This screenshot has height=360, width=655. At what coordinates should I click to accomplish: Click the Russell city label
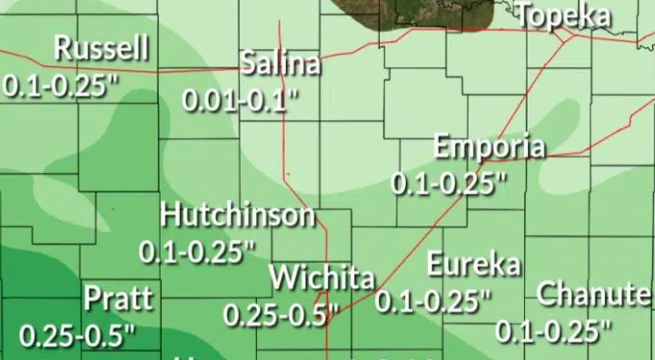coord(102,49)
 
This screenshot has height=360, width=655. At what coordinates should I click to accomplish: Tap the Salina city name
coord(281,65)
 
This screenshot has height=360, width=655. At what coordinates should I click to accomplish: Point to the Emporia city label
coord(490,146)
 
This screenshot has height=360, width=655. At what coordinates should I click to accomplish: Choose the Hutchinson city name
coord(238,216)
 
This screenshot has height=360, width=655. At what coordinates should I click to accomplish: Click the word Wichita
coord(322,275)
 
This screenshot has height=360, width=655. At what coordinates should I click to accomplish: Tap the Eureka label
coord(474,265)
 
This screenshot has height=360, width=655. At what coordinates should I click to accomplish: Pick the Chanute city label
coord(594,295)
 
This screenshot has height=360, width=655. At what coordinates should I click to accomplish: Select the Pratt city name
coord(118,298)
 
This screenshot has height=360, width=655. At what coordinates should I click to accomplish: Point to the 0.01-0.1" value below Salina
coord(241,99)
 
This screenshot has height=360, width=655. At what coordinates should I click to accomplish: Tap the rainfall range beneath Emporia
coord(449,182)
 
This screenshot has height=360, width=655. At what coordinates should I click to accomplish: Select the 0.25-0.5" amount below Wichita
coord(281,315)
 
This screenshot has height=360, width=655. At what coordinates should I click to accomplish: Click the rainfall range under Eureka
coord(434,299)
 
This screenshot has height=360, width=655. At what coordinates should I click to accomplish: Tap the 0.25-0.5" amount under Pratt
coord(77,335)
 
